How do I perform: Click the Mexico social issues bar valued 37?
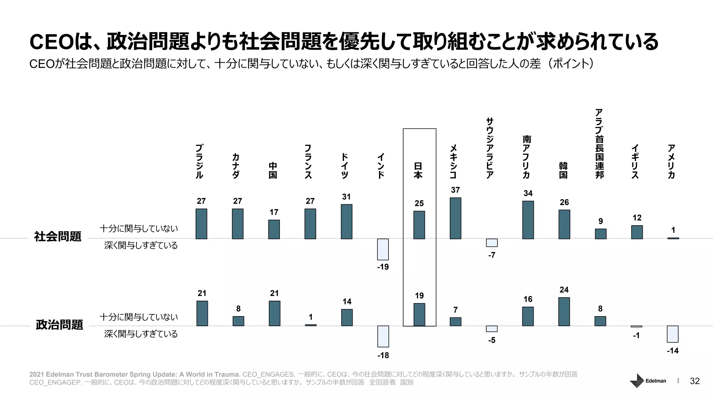pos(455,218)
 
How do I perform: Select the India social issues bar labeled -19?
pos(383,249)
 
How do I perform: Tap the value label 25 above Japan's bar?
pos(419,203)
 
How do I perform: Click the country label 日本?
pos(418,170)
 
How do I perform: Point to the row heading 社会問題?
pos(58,236)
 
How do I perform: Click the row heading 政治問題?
pos(60,325)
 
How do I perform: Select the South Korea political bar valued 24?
pos(564,312)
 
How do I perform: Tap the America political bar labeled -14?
pos(673,334)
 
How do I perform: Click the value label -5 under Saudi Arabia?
pos(492,340)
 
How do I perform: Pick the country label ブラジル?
pos(199,162)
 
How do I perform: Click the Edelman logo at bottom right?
pos(648,380)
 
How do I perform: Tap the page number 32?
pos(695,381)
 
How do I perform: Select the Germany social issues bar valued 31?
pos(346,221)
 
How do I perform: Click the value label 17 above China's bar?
pos(274,212)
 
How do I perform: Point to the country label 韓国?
pos(563,170)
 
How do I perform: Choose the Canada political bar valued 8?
pos(238,321)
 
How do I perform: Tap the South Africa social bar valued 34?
pos(528,220)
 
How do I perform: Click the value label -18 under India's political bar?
pos(383,355)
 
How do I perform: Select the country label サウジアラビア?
pos(490,148)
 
